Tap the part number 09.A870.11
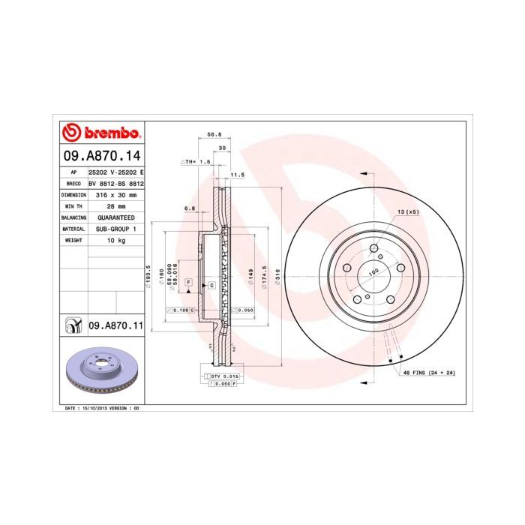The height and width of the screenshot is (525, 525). [x=115, y=325]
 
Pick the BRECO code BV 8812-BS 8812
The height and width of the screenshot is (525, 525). [x=115, y=183]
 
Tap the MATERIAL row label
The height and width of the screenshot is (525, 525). [x=73, y=229]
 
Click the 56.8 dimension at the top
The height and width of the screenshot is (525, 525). [x=214, y=136]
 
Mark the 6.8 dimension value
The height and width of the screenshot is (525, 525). [x=190, y=208]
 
